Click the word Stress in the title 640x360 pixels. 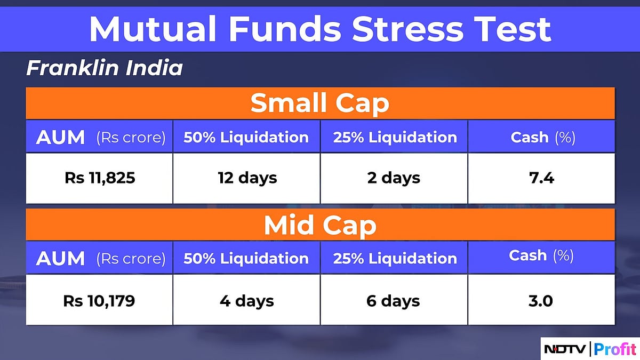[407, 29]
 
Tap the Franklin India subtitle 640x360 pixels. [105, 68]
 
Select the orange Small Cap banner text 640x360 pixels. [320, 103]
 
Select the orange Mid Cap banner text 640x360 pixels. [320, 225]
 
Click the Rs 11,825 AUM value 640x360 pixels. [100, 178]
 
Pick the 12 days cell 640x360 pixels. [247, 178]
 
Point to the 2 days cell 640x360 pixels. [394, 178]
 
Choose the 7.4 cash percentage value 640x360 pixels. [541, 178]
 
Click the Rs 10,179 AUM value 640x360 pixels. [99, 301]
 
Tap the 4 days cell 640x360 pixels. [247, 301]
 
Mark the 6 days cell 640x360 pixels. [393, 301]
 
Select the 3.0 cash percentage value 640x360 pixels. [541, 301]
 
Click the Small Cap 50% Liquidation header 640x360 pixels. [246, 137]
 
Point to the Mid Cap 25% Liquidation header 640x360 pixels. [395, 258]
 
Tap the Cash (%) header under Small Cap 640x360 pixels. [543, 138]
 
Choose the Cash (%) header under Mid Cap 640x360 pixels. [541, 255]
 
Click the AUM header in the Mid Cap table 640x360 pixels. [60, 258]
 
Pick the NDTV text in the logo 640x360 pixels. [565, 349]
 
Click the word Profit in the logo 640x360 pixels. [615, 349]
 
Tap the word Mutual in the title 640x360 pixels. [153, 29]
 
